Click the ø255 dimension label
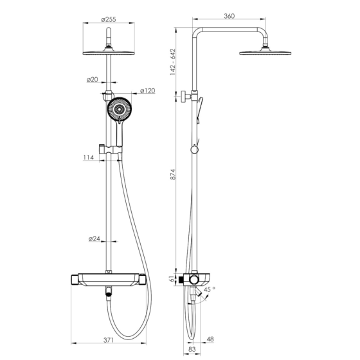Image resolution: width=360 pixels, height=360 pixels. pyautogui.click(x=109, y=19)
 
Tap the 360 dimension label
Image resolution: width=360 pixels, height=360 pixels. pyautogui.click(x=229, y=16)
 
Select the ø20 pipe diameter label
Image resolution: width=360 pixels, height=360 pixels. pyautogui.click(x=93, y=80)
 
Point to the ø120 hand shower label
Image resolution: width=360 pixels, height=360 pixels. pyautogui.click(x=148, y=91)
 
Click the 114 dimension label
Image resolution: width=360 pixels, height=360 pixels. pyautogui.click(x=89, y=157)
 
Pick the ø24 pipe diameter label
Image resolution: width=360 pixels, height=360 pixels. pyautogui.click(x=94, y=239)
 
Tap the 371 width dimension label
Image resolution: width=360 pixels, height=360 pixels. pyautogui.click(x=109, y=340)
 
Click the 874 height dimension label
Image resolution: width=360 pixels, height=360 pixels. pyautogui.click(x=173, y=174)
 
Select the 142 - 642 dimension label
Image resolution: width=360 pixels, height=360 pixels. pyautogui.click(x=173, y=62)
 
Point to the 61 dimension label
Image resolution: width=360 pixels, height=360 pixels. pyautogui.click(x=172, y=279)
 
